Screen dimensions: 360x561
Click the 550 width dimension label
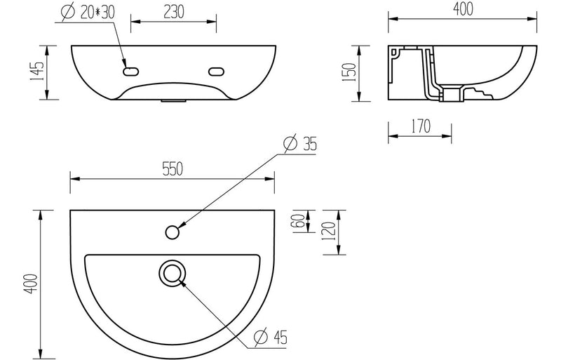173,168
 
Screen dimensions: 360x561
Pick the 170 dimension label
420,126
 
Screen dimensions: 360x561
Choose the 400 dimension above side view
461,9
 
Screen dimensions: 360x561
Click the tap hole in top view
172,230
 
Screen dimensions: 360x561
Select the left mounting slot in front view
130,71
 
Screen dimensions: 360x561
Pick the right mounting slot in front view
216,71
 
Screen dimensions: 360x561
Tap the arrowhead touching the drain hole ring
183,281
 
